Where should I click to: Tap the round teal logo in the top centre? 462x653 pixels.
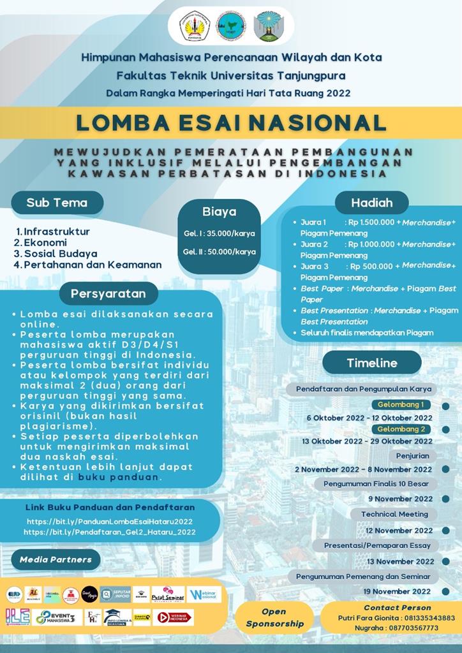pos(230,26)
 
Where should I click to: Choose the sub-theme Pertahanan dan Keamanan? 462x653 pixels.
pos(92,264)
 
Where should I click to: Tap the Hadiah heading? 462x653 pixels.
pos(371,203)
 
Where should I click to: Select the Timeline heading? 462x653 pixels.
pos(371,363)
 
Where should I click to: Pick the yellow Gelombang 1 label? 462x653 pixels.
pos(401,405)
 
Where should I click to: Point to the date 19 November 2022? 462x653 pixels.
pos(398,591)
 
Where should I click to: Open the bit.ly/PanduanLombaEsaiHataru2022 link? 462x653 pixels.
pos(108,521)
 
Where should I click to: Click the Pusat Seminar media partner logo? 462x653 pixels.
pos(168,594)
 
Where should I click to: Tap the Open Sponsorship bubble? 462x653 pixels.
pos(274,617)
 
